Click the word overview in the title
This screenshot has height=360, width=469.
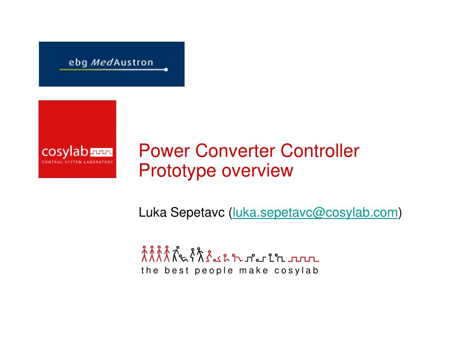[257, 171]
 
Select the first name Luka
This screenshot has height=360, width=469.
[153, 213]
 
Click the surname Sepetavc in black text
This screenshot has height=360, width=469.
[197, 213]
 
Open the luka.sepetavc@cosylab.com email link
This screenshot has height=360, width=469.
[315, 213]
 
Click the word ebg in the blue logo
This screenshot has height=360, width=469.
[78, 62]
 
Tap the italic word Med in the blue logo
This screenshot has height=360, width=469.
[102, 62]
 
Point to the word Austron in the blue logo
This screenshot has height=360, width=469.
[133, 62]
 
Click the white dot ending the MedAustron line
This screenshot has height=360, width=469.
[166, 70]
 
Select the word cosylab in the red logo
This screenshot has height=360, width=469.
[65, 152]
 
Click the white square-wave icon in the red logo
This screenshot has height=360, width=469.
[101, 152]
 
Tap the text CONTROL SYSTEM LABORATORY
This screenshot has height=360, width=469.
[77, 162]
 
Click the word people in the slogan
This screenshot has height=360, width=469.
[213, 271]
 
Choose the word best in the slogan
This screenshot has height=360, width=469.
[176, 270]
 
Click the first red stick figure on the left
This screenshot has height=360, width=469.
[144, 254]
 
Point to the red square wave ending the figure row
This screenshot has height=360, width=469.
[303, 259]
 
